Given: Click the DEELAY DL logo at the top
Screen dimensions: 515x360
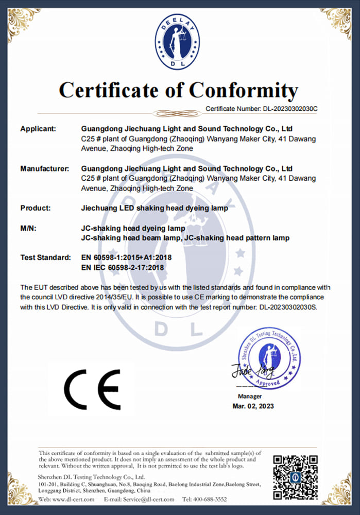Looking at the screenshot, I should (177, 41).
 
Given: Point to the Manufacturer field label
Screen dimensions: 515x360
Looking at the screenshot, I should (45, 168).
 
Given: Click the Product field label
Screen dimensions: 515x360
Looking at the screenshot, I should (36, 208).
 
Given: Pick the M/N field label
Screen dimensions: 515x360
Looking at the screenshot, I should (28, 228).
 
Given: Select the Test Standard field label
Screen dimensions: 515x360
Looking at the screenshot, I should (45, 257).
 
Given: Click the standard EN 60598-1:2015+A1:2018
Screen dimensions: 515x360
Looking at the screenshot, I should (127, 257).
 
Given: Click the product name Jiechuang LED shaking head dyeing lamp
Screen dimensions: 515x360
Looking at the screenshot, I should (155, 208).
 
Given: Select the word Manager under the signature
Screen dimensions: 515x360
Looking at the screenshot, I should (250, 396).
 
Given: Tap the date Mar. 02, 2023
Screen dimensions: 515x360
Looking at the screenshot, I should (253, 406).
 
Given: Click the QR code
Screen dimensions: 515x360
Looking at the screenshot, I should (295, 477).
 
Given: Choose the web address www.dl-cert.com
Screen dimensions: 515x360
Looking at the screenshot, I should (73, 499).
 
